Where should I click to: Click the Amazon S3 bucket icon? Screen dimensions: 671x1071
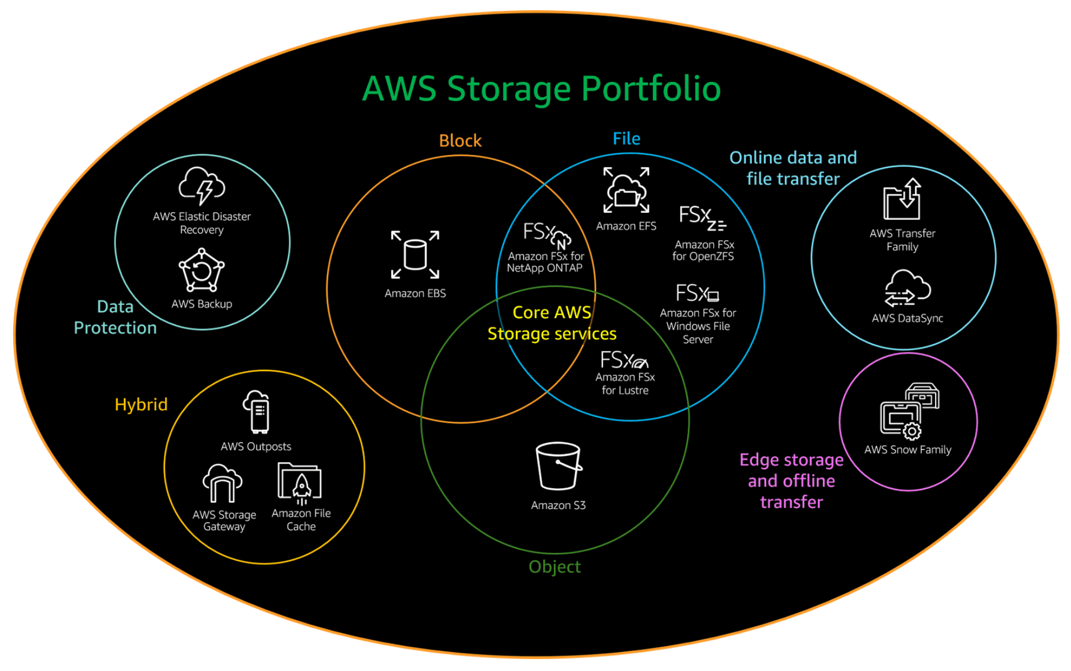pos(558,466)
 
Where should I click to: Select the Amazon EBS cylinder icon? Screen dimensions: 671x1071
pos(415,254)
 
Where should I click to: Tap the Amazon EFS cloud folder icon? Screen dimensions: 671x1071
pos(626,191)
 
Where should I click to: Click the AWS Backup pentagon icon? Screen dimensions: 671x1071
pos(201,270)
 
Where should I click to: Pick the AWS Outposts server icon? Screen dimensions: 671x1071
pos(257,412)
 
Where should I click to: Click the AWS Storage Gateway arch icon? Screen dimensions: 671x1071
pos(222,484)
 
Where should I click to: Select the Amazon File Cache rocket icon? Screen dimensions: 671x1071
pos(300,483)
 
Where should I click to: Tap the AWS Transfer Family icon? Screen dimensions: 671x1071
pos(902,199)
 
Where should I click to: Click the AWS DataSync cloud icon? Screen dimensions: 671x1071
pos(907,289)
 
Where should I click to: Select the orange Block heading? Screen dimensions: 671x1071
pos(460,141)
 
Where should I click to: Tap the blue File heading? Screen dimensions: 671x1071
pos(626,139)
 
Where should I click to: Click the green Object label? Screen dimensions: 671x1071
pos(555,567)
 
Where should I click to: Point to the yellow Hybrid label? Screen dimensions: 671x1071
pos(141,405)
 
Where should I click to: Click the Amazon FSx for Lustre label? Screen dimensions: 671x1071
pos(625,384)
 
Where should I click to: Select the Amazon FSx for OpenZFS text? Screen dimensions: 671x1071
pos(704,250)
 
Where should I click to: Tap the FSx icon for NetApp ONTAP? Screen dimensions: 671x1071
pos(547,234)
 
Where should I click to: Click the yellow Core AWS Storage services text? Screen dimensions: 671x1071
pos(552,323)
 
